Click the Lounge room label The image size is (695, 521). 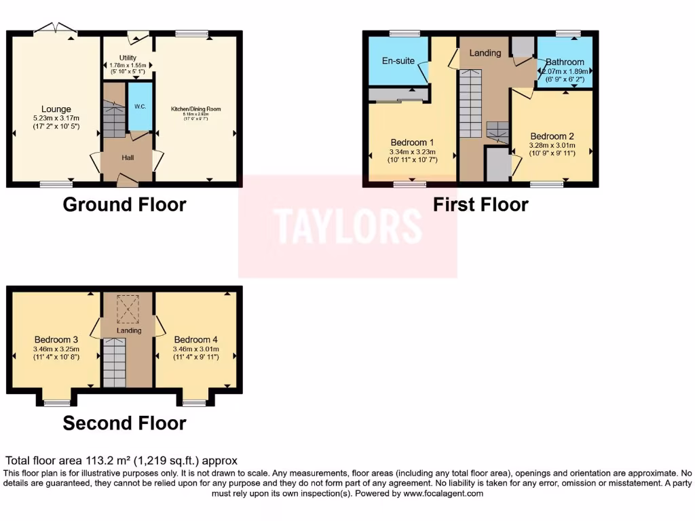[56, 109]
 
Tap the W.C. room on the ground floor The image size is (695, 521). [140, 107]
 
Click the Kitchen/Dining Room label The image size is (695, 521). [195, 109]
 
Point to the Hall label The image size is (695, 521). [128, 158]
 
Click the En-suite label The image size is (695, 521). [398, 61]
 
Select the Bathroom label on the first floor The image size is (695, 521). [565, 62]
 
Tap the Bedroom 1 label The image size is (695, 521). [413, 142]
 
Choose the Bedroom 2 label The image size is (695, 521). [552, 135]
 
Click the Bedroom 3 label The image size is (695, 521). [56, 339]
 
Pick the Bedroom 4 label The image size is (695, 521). [195, 339]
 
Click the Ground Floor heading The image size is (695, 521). [124, 204]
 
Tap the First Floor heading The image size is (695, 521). [481, 204]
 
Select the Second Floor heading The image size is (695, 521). [124, 423]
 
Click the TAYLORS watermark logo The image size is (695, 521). [347, 226]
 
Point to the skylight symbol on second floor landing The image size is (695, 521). [128, 309]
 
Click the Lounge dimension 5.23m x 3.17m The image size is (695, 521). [56, 119]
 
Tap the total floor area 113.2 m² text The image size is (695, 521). [121, 461]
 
